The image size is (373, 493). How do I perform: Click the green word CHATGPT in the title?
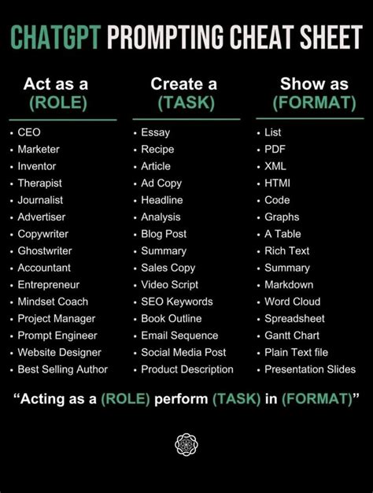pyautogui.click(x=56, y=37)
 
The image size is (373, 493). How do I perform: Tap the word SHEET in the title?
pyautogui.click(x=331, y=37)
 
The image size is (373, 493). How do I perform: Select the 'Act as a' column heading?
pyautogui.click(x=56, y=84)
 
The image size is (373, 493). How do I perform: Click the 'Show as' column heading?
pyautogui.click(x=314, y=84)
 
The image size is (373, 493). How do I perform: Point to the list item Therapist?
pyautogui.click(x=39, y=183)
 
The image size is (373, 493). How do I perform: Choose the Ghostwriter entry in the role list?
pyautogui.click(x=45, y=251)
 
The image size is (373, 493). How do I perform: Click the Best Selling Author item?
pyautogui.click(x=62, y=369)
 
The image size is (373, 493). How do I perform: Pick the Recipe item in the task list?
pyautogui.click(x=157, y=150)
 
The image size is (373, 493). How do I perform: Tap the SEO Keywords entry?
pyautogui.click(x=177, y=302)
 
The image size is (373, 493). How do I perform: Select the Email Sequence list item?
pyautogui.click(x=179, y=335)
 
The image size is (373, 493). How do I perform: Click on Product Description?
pyautogui.click(x=187, y=369)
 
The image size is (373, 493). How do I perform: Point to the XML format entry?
pyautogui.click(x=275, y=166)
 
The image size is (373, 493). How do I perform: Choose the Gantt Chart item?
pyautogui.click(x=292, y=335)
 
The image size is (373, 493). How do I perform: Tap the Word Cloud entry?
pyautogui.click(x=293, y=302)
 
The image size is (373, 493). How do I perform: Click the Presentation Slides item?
pyautogui.click(x=310, y=369)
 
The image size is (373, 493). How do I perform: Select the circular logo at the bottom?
pyautogui.click(x=186, y=444)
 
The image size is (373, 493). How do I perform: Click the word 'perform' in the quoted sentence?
pyautogui.click(x=181, y=399)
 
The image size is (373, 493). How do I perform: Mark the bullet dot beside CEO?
pyautogui.click(x=12, y=133)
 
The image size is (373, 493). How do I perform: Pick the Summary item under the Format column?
pyautogui.click(x=287, y=268)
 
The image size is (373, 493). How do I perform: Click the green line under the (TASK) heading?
pyautogui.click(x=186, y=119)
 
